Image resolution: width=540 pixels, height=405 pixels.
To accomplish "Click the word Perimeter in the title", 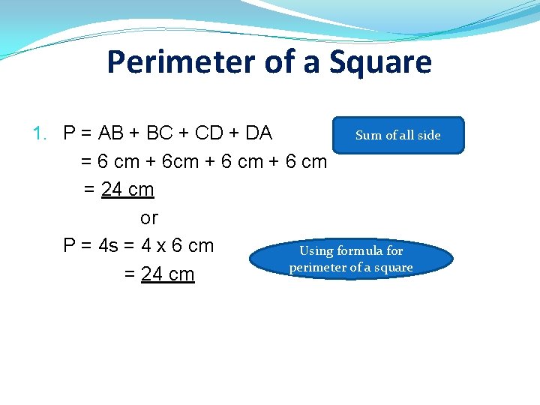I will tap(181, 61).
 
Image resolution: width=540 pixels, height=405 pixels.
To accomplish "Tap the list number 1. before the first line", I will tap(41, 133).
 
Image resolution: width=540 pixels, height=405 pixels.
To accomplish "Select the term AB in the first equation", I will tap(112, 133).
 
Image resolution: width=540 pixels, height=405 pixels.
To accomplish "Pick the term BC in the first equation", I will tap(160, 133).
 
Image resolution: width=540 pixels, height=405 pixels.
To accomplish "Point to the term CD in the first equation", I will tap(208, 133).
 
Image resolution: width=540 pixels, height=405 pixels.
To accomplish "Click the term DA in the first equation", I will tap(258, 133).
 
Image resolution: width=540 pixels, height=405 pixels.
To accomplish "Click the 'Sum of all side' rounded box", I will tap(398, 135).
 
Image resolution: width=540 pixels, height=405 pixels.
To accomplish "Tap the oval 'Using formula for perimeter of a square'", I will tap(351, 259).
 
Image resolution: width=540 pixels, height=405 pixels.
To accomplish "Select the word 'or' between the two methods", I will tap(149, 218).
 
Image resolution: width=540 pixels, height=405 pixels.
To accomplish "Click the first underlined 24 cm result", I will tap(127, 190).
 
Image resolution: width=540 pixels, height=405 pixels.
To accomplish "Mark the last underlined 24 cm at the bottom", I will tap(168, 274).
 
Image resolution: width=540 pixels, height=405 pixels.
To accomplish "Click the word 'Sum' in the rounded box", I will tap(368, 135).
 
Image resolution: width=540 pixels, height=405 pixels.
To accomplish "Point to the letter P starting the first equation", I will tap(70, 133).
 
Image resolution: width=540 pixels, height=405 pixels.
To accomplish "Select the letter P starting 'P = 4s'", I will tap(70, 246).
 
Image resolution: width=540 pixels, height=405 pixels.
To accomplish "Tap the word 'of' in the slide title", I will tap(280, 61).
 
